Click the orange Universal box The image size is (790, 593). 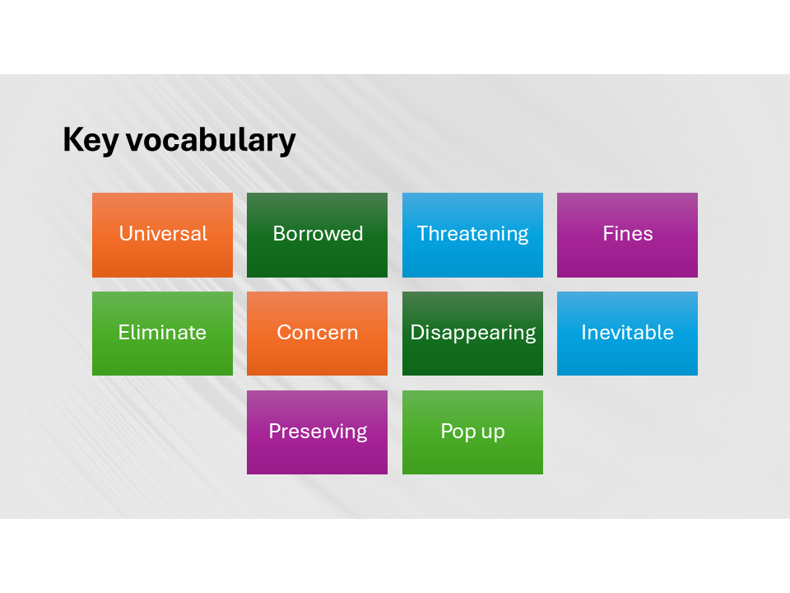(x=162, y=235)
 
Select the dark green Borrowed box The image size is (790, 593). (x=317, y=235)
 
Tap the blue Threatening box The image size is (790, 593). (x=472, y=235)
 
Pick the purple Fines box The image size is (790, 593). (x=627, y=235)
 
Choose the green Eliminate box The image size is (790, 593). (x=162, y=334)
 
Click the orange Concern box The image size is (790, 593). (x=317, y=334)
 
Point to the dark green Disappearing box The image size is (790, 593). (x=472, y=334)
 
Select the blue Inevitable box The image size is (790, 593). (x=627, y=334)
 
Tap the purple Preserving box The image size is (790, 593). (x=317, y=432)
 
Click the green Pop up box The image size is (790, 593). (x=472, y=432)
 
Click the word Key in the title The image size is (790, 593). (x=91, y=140)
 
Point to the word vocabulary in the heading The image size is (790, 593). (x=211, y=140)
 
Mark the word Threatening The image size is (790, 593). (x=472, y=235)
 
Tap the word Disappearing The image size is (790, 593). (x=472, y=334)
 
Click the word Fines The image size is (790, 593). (x=628, y=233)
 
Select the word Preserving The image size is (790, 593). (x=318, y=432)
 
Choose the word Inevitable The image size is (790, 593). (x=627, y=332)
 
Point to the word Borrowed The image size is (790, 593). (x=318, y=233)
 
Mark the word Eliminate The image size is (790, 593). (x=162, y=332)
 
